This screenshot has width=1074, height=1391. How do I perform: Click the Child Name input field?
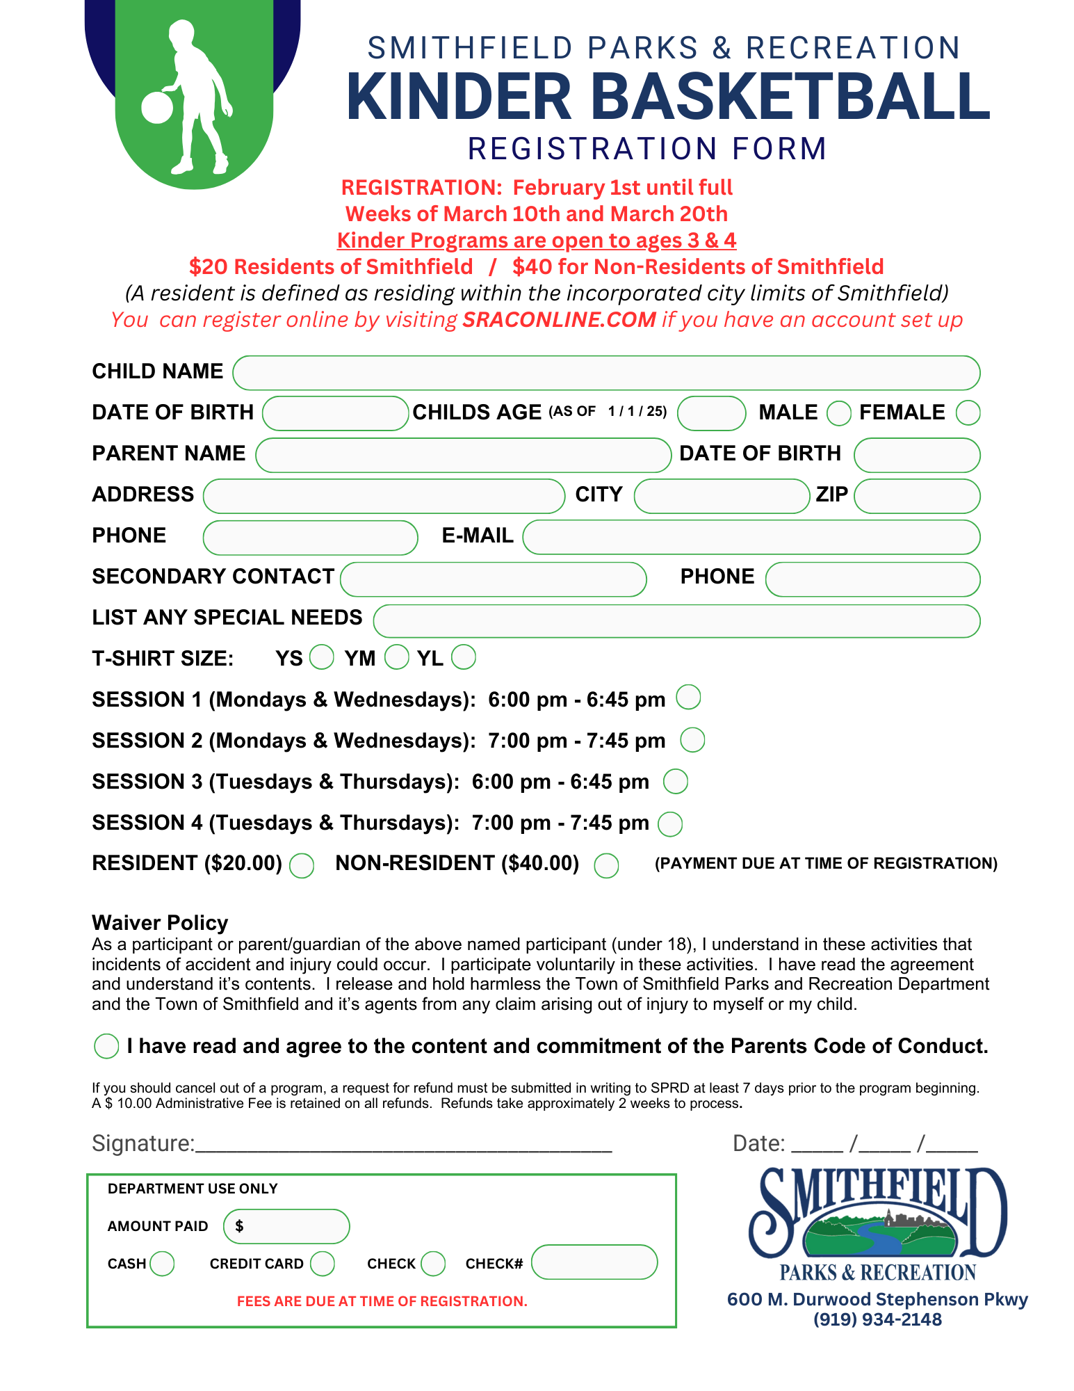(605, 373)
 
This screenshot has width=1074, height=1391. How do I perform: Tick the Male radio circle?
(838, 413)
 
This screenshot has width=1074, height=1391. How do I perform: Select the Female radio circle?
(968, 413)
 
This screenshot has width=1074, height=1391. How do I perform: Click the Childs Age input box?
(711, 413)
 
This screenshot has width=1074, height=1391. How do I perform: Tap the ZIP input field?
(917, 496)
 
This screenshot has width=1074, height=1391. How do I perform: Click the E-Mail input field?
(751, 537)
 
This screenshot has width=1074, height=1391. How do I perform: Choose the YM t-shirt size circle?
(396, 657)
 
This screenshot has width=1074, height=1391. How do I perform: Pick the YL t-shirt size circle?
(464, 657)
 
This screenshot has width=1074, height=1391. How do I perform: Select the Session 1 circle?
(688, 697)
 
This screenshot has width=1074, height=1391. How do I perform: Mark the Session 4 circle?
(670, 823)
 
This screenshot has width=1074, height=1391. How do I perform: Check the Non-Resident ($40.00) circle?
(606, 865)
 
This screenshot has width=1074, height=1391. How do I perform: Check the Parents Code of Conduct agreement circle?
(106, 1045)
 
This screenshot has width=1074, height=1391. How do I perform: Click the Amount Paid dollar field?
(286, 1226)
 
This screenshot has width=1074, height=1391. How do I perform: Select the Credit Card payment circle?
(322, 1264)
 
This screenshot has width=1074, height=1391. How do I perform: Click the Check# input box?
(594, 1262)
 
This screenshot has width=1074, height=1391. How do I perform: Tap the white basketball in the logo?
(157, 108)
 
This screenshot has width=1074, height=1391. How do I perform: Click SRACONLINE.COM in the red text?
(559, 320)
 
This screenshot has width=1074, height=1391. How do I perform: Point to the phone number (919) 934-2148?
(877, 1319)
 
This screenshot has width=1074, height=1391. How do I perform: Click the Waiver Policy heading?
(160, 923)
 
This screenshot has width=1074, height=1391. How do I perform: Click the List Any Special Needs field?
(676, 620)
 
